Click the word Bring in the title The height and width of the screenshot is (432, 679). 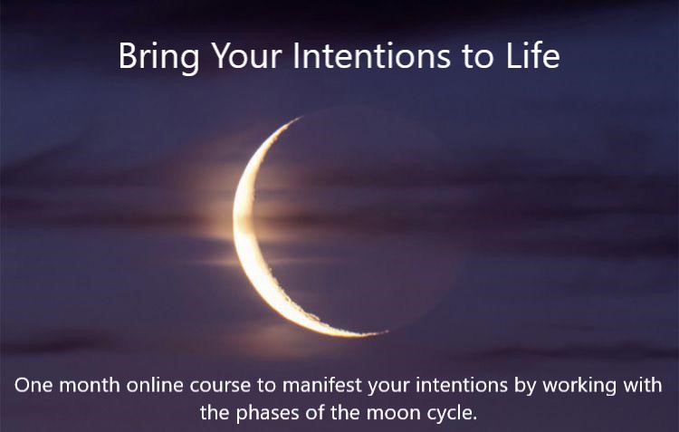158,57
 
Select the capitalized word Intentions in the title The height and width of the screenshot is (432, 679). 372,55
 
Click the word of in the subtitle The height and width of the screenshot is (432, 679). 314,412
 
